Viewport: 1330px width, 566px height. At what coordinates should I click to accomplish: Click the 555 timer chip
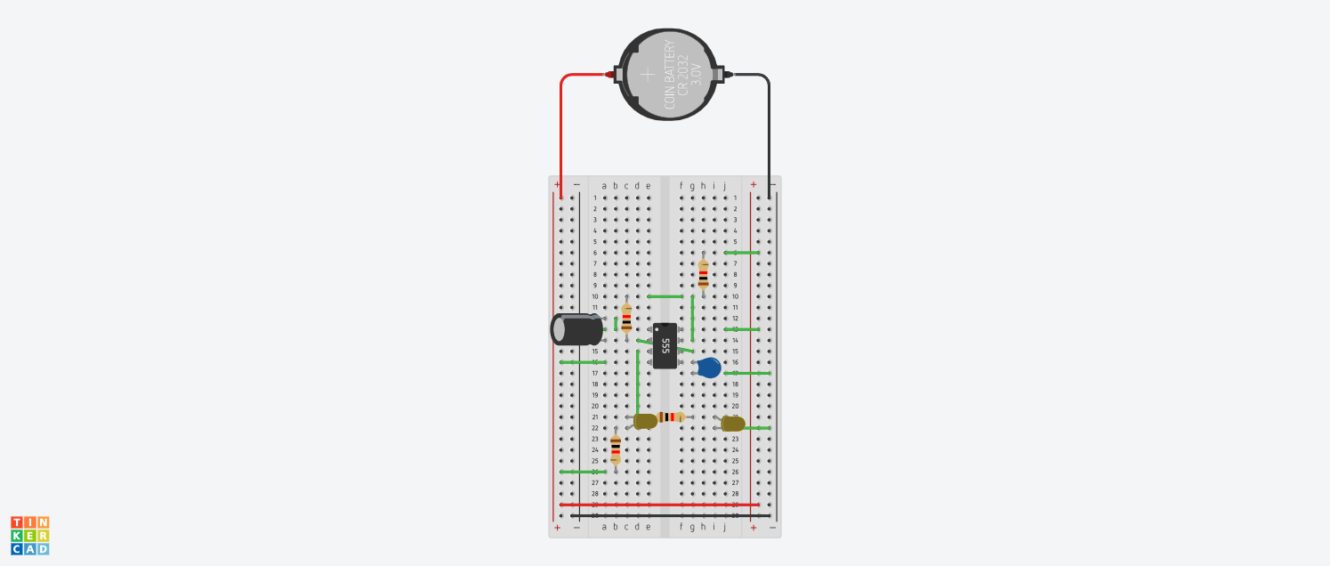[x=665, y=345]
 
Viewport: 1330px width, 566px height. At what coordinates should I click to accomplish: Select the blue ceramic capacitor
[x=709, y=368]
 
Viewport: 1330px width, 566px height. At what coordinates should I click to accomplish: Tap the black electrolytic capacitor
[x=576, y=329]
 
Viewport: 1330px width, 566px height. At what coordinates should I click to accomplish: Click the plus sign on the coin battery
[x=648, y=74]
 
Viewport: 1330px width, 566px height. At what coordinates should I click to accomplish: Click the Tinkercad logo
[x=29, y=535]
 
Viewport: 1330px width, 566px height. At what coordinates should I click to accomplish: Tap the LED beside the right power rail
[x=733, y=424]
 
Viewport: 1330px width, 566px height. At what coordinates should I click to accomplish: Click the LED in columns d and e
[x=645, y=421]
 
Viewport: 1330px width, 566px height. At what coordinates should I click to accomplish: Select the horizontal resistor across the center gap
[x=671, y=416]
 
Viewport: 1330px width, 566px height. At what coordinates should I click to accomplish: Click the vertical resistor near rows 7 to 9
[x=704, y=274]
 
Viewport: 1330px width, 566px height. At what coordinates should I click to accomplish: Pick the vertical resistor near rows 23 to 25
[x=615, y=449]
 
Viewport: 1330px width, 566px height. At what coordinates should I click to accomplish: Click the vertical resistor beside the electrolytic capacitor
[x=626, y=319]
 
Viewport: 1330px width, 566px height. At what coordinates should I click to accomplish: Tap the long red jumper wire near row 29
[x=658, y=505]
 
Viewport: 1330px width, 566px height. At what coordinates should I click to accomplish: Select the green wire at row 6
[x=742, y=253]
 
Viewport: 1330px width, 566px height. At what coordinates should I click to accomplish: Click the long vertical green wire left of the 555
[x=638, y=383]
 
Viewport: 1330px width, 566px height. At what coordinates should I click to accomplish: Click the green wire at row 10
[x=665, y=296]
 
